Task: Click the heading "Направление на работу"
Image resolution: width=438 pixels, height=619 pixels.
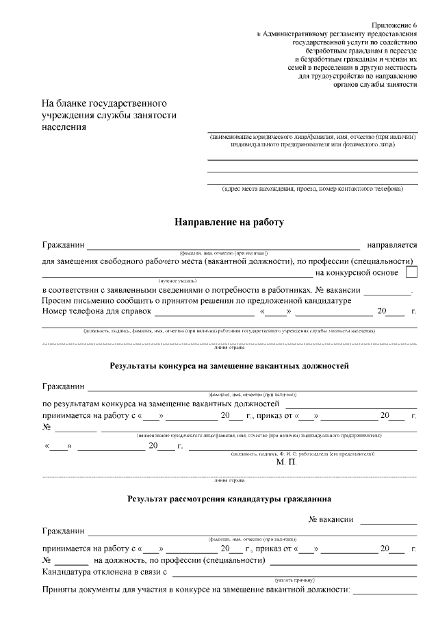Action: pyautogui.click(x=229, y=222)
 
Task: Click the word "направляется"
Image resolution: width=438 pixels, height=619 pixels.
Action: pyautogui.click(x=392, y=244)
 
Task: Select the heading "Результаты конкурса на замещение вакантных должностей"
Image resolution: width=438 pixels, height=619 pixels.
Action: pyautogui.click(x=229, y=366)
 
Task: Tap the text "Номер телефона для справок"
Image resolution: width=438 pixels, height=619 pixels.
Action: pyautogui.click(x=96, y=311)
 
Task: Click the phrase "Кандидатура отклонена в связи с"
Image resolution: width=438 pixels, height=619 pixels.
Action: pyautogui.click(x=105, y=572)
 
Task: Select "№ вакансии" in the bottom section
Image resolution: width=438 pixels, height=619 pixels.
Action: pyautogui.click(x=331, y=519)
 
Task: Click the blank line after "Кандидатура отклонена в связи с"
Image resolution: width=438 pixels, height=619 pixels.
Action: pyautogui.click(x=294, y=574)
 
